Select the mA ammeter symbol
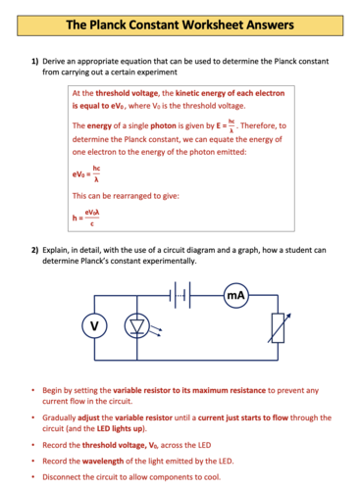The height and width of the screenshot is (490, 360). click(235, 295)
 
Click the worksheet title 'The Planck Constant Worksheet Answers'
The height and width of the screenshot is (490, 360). click(180, 21)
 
